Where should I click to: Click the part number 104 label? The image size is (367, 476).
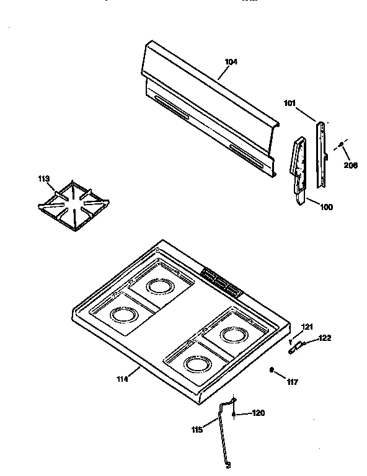pyautogui.click(x=231, y=62)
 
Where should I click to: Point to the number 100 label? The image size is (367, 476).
pyautogui.click(x=326, y=206)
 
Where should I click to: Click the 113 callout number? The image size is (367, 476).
pyautogui.click(x=43, y=180)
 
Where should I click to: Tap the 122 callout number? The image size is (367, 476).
pyautogui.click(x=325, y=338)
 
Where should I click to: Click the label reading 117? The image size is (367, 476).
pyautogui.click(x=292, y=382)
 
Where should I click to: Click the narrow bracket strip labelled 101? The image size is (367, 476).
pyautogui.click(x=321, y=155)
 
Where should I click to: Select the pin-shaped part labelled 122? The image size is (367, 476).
pyautogui.click(x=295, y=348)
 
